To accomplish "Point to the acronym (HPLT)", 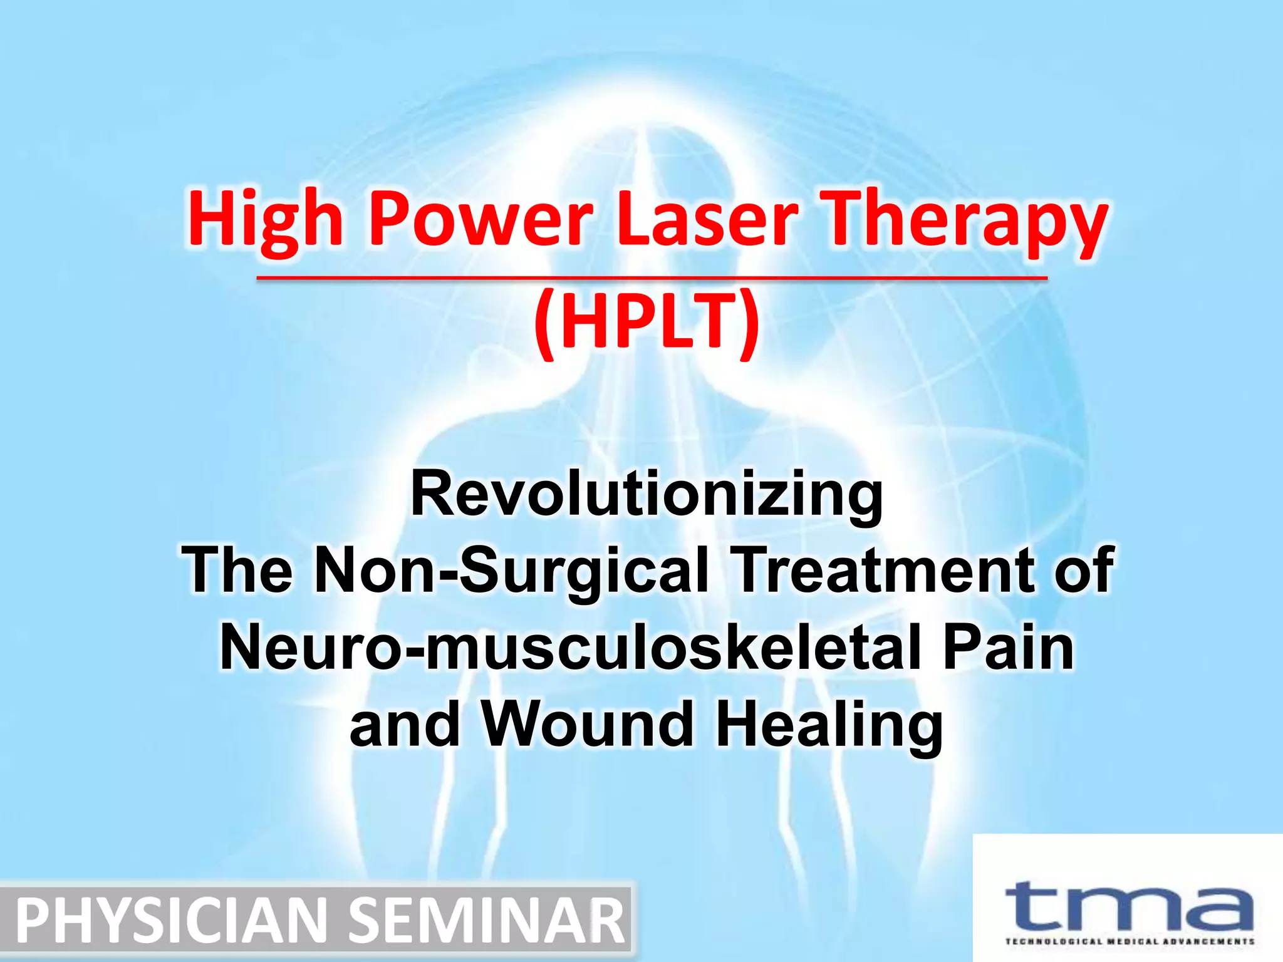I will pos(647,323).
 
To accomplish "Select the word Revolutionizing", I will pos(647,495).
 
